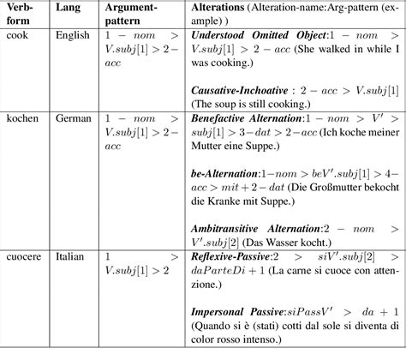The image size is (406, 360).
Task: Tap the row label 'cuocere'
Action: tap(24, 255)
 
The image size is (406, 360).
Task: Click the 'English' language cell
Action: tap(74, 38)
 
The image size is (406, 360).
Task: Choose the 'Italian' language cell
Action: tap(72, 255)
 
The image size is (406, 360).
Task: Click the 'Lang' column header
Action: tap(68, 7)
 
